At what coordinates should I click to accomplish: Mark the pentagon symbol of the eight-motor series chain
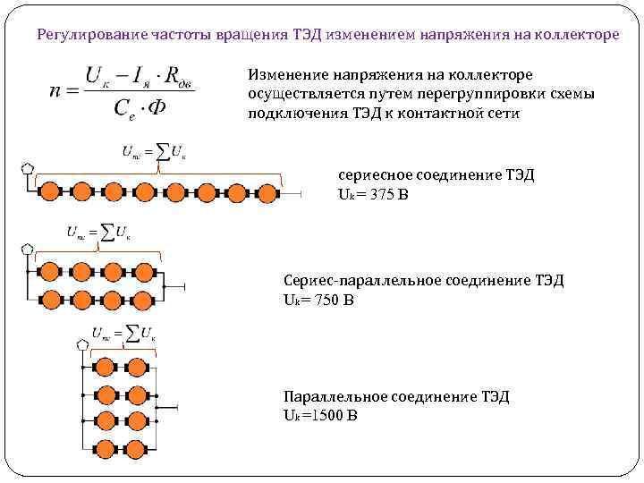(27, 168)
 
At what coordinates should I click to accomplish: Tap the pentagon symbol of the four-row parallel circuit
(83, 344)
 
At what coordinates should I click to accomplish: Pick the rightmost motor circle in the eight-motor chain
(267, 191)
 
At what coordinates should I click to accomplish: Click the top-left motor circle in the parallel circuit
(106, 367)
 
